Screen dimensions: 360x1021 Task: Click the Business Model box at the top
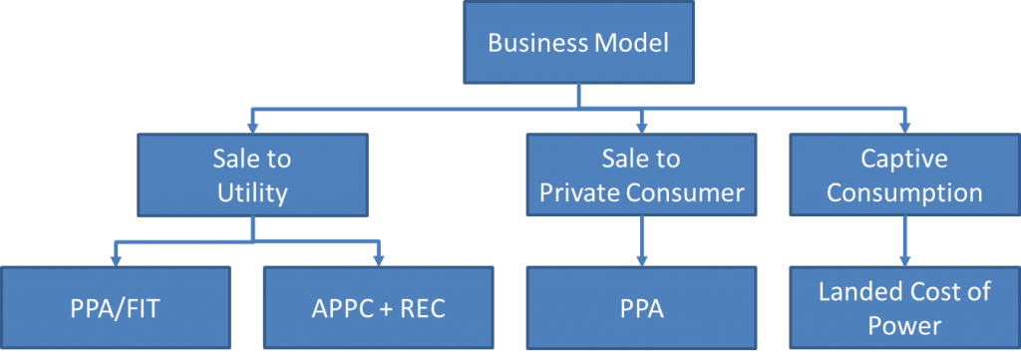(x=578, y=43)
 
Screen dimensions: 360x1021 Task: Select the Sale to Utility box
(x=252, y=176)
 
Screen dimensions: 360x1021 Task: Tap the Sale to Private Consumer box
(x=641, y=176)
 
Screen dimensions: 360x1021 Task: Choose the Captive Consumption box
(x=904, y=176)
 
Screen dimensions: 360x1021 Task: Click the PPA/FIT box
(x=117, y=309)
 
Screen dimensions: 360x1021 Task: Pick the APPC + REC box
(x=380, y=309)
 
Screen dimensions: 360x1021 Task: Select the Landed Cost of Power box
(x=904, y=309)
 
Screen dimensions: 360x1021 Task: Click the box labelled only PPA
(x=641, y=309)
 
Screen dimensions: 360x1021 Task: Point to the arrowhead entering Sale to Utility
(x=252, y=128)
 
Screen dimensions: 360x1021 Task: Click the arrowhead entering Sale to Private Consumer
(x=641, y=128)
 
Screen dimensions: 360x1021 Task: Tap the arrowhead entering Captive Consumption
(x=904, y=128)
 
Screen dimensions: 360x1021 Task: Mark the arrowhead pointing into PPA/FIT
(x=117, y=260)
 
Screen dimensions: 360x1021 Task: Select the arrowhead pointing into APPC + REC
(x=380, y=260)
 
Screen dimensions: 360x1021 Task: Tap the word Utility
(x=252, y=192)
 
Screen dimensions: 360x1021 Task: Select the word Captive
(x=904, y=159)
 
